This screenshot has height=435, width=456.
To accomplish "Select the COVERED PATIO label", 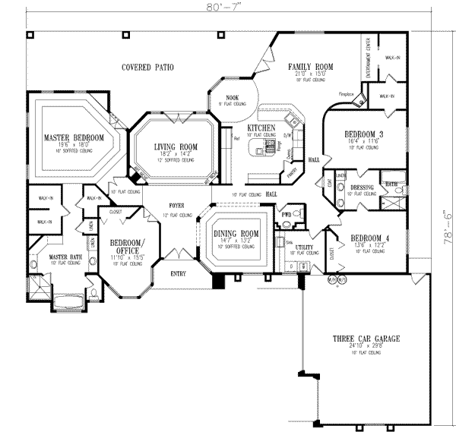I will coord(147,68).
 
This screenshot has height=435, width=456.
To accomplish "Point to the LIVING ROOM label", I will coord(176,147).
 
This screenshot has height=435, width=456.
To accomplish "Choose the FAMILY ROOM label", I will coord(311,68).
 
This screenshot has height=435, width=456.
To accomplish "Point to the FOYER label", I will coord(176,205).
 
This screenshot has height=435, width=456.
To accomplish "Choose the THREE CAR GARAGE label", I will coord(366,339).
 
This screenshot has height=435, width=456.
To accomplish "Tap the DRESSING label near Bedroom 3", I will coord(362,187).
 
